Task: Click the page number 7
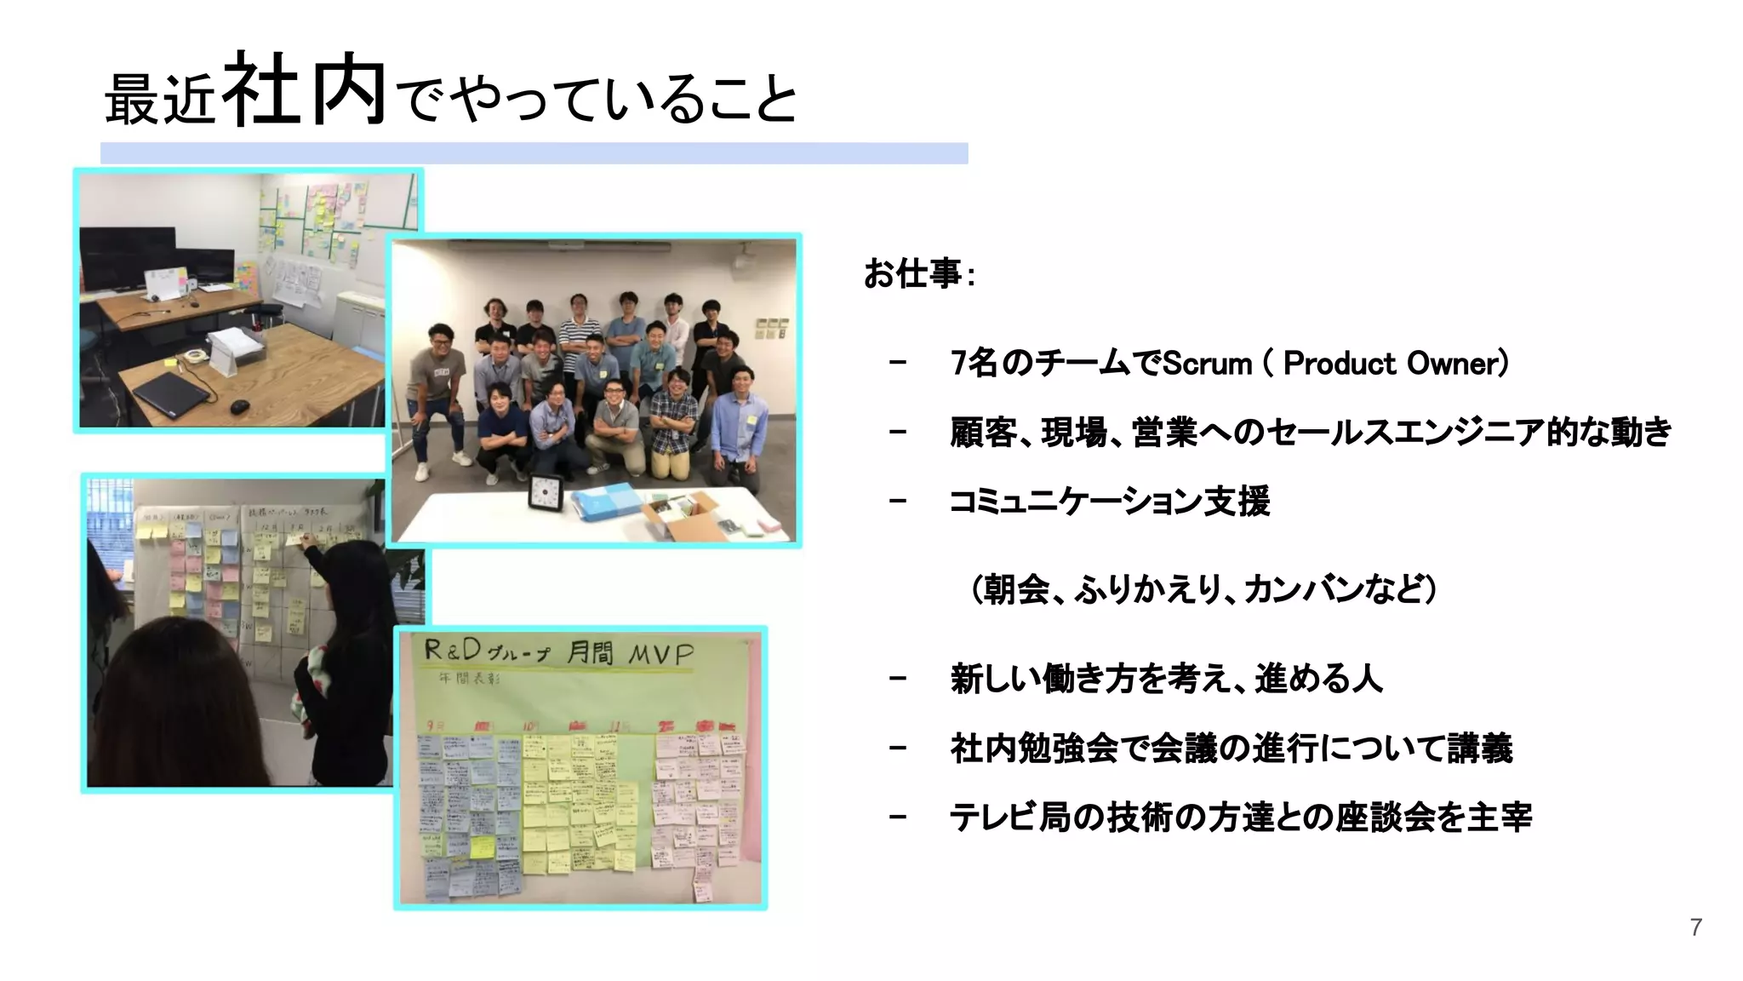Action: point(1696,927)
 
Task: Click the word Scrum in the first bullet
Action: point(1207,364)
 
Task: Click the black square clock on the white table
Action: point(546,492)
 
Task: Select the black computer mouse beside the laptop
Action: point(240,406)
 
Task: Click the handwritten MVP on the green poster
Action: point(660,654)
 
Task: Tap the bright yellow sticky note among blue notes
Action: point(483,846)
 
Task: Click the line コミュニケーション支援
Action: point(1109,501)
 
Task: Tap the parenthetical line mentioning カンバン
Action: point(1203,589)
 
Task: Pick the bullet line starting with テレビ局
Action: point(1240,817)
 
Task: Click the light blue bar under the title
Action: point(534,153)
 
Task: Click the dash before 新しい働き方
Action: point(897,679)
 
